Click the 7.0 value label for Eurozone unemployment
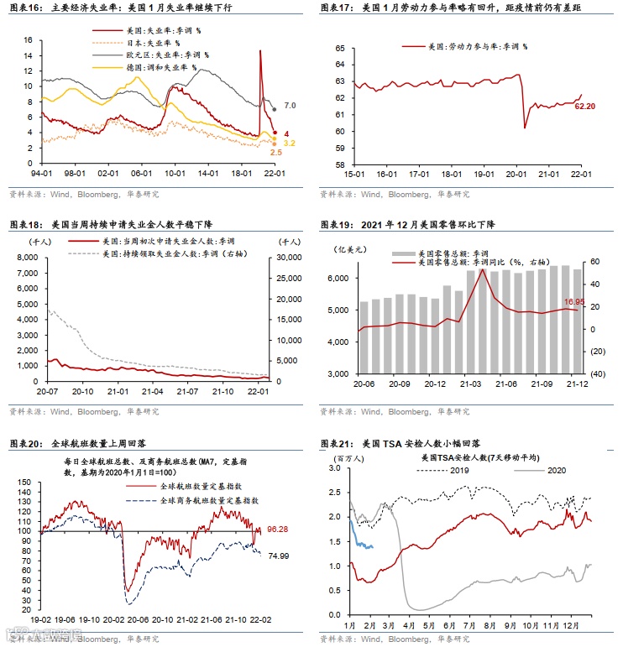(290, 105)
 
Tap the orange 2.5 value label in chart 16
(275, 152)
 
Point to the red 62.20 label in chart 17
(585, 107)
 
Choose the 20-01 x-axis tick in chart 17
(516, 174)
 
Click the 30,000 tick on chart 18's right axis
(282, 258)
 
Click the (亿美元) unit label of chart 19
(343, 249)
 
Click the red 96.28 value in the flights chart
(278, 530)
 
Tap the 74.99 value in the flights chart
(278, 556)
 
